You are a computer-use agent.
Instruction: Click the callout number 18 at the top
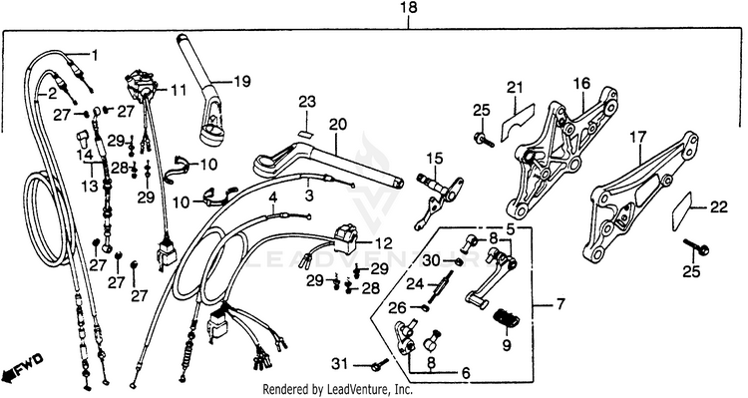point(409,8)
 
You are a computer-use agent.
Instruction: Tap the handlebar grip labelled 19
point(200,91)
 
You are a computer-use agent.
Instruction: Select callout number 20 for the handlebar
point(337,125)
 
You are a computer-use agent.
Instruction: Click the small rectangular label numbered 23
point(304,134)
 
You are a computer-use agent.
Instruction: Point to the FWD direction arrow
point(23,364)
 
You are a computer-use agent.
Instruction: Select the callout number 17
point(637,138)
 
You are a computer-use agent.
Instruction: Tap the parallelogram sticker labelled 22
point(682,210)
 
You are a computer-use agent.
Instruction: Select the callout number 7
point(560,304)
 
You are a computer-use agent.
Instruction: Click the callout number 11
point(179,90)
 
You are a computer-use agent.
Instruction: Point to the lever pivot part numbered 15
point(438,200)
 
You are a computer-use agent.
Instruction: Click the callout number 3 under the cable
point(309,196)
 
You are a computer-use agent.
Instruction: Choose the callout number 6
point(465,373)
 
